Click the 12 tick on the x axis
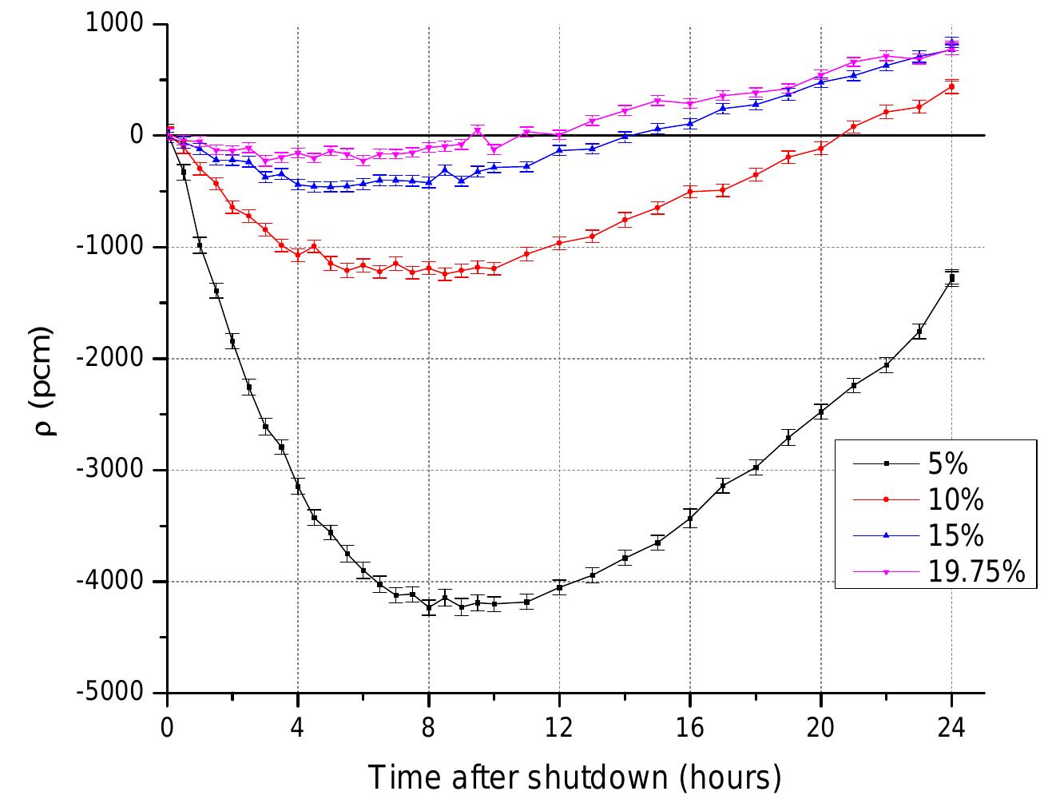pos(559,728)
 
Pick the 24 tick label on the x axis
pos(951,728)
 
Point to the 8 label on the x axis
pos(429,728)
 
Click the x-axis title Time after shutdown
pos(574,776)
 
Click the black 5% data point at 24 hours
pos(951,278)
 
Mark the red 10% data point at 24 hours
pos(951,87)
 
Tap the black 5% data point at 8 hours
pos(429,607)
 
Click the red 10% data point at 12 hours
pos(559,243)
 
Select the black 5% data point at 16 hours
pos(690,519)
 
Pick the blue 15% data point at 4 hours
pos(298,184)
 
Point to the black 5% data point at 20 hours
pos(820,411)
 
